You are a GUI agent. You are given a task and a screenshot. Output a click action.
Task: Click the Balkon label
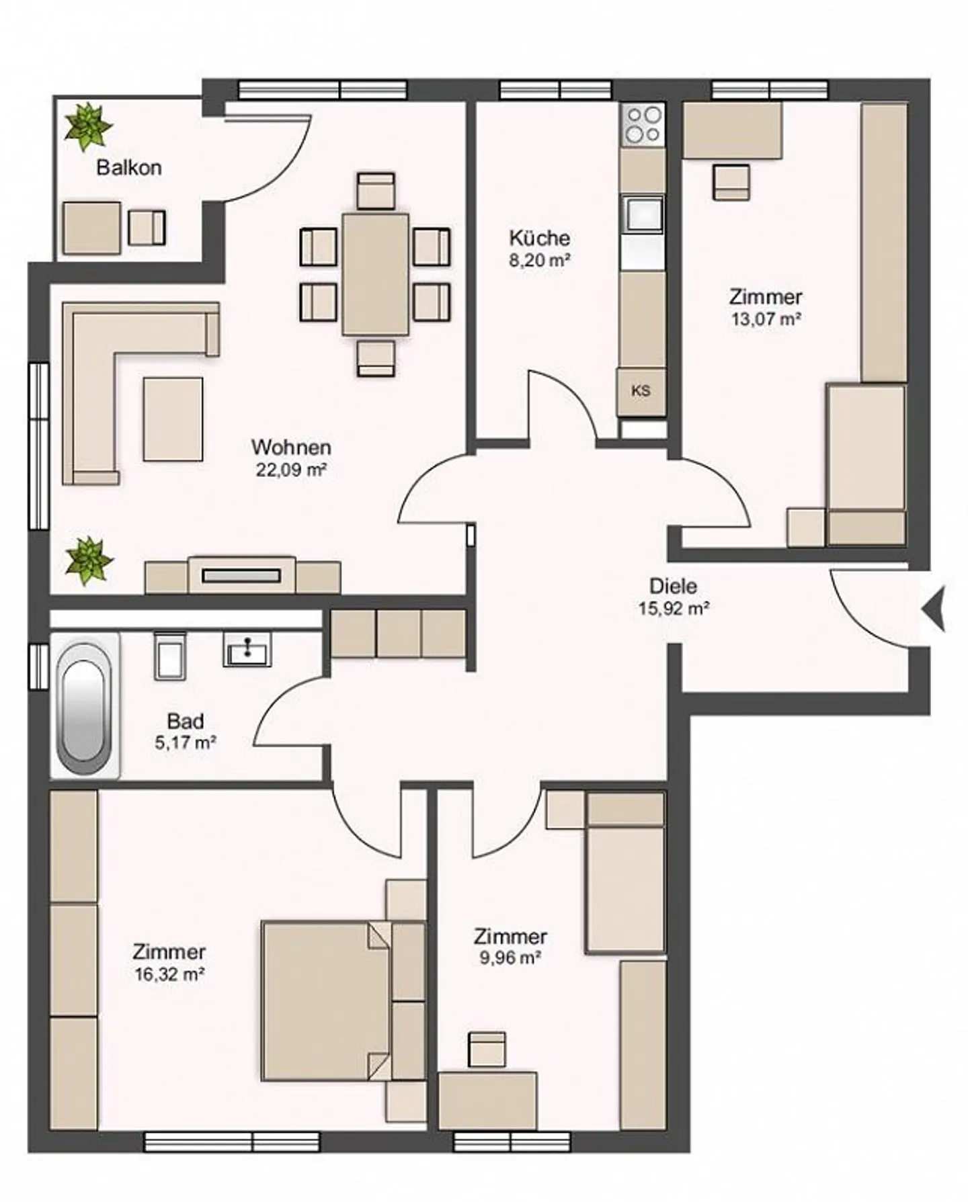coord(129,167)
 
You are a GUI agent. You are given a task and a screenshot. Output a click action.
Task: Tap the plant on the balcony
coord(87,127)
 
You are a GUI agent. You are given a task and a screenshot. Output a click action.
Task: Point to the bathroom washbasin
coord(247,650)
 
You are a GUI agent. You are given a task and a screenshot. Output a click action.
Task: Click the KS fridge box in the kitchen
coord(642,391)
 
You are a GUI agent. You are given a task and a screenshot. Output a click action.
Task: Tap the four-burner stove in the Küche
coord(642,125)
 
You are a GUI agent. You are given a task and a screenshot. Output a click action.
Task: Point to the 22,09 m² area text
coord(290,470)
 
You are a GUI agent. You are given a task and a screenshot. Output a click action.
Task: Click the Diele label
coord(673,586)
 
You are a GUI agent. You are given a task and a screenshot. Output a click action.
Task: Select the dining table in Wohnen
coord(375,273)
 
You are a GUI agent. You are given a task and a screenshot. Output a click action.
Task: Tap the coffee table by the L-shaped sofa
coord(173,419)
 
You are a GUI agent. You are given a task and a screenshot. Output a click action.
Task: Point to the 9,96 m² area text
coord(510,958)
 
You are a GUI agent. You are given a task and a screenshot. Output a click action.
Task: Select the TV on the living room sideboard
coord(241,575)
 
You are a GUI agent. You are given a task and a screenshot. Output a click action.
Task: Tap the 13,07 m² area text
coord(765,319)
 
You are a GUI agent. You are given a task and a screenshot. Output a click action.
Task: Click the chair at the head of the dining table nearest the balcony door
coord(375,191)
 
